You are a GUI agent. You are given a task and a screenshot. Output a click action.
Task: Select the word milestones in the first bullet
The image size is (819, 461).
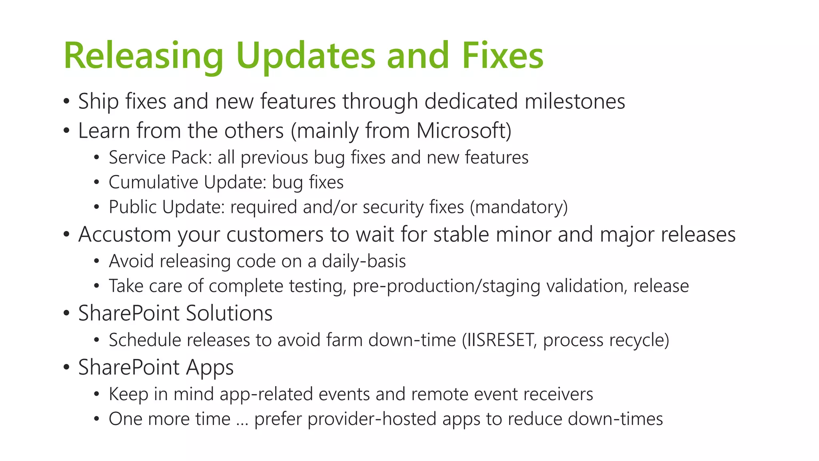tap(575, 101)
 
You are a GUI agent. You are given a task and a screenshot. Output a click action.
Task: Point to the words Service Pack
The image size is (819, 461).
tap(160, 158)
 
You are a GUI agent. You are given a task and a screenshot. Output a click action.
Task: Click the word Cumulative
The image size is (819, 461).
tap(153, 182)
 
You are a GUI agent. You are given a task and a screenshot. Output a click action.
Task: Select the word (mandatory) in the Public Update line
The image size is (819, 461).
tap(519, 207)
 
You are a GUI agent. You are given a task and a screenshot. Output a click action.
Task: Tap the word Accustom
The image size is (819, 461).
tap(124, 235)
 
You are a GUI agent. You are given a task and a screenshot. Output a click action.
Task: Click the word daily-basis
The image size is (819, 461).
tap(364, 261)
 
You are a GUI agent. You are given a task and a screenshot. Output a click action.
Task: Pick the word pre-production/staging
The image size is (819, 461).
tap(446, 287)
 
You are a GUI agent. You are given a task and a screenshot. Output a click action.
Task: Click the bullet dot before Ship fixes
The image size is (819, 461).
tap(66, 101)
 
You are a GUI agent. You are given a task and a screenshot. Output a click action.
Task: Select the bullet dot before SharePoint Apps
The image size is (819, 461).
tap(66, 367)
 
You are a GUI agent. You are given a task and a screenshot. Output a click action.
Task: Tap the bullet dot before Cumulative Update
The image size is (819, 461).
tap(96, 183)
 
